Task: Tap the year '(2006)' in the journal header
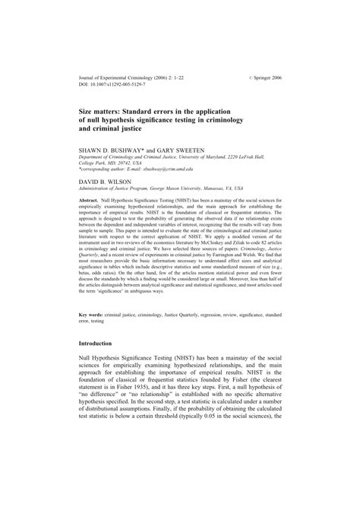click(x=177, y=78)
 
